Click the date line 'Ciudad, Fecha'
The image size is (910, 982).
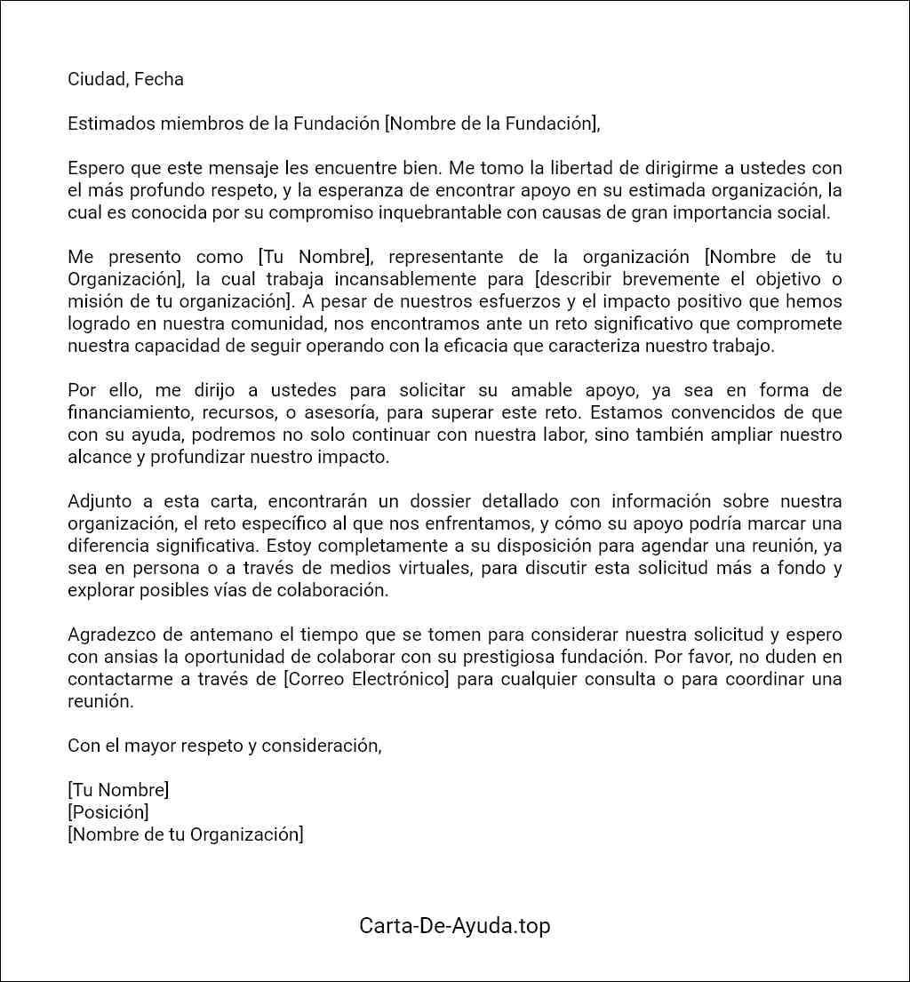tap(125, 79)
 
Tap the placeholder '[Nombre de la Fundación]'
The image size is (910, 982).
tap(491, 124)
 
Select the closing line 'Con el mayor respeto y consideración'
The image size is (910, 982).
tap(224, 746)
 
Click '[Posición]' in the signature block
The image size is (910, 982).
tap(108, 812)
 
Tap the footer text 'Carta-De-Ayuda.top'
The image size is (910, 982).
tap(454, 925)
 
